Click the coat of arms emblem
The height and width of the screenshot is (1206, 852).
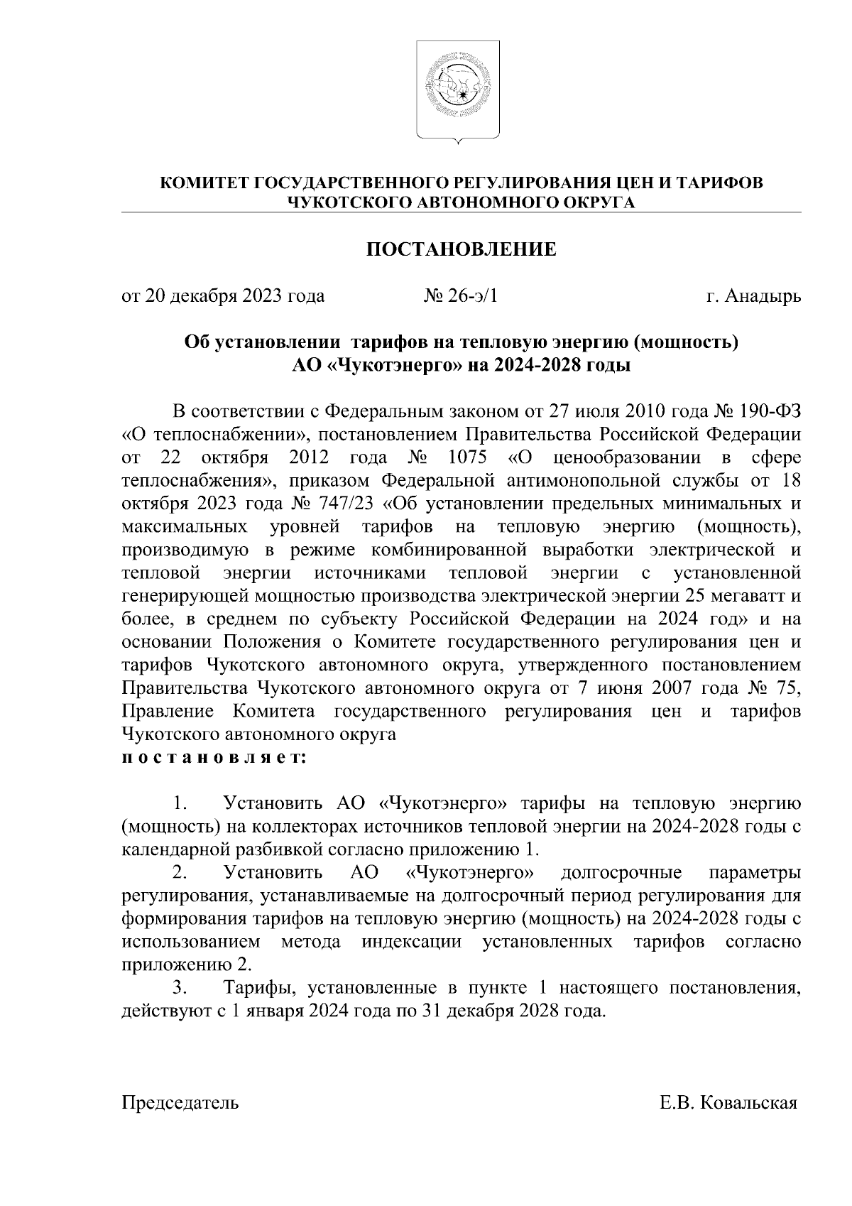tap(458, 90)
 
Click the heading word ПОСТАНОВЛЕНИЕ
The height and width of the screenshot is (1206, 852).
tap(461, 249)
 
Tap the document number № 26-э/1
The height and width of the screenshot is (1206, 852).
tap(461, 295)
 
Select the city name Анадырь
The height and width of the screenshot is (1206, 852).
tap(763, 295)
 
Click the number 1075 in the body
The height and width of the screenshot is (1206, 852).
tap(469, 458)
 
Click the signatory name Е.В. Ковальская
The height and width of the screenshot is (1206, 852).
tap(728, 1103)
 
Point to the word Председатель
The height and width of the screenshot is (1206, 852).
tap(180, 1103)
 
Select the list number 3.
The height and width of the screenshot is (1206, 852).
tap(180, 988)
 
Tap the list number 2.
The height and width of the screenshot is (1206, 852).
tap(180, 872)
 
